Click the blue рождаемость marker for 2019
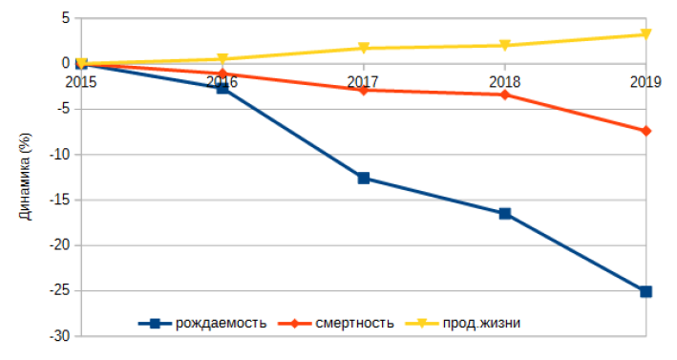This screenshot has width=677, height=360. click(646, 291)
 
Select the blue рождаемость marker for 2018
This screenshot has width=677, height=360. click(505, 214)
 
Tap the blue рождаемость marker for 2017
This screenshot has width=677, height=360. click(364, 179)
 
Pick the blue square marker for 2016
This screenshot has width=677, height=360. click(222, 88)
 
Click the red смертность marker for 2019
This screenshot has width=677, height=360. click(646, 131)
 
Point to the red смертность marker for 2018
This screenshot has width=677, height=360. click(505, 95)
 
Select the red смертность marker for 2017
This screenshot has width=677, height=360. click(364, 90)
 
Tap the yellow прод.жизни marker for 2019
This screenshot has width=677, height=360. click(646, 34)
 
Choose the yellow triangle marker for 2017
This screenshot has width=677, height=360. click(364, 49)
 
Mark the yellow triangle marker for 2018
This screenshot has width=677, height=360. click(505, 46)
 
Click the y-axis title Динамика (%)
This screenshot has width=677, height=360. click(26, 178)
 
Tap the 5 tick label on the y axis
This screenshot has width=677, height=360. click(65, 18)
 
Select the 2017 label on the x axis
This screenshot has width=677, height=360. click(363, 82)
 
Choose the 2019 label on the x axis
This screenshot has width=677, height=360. click(645, 82)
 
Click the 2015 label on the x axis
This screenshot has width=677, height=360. click(81, 82)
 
